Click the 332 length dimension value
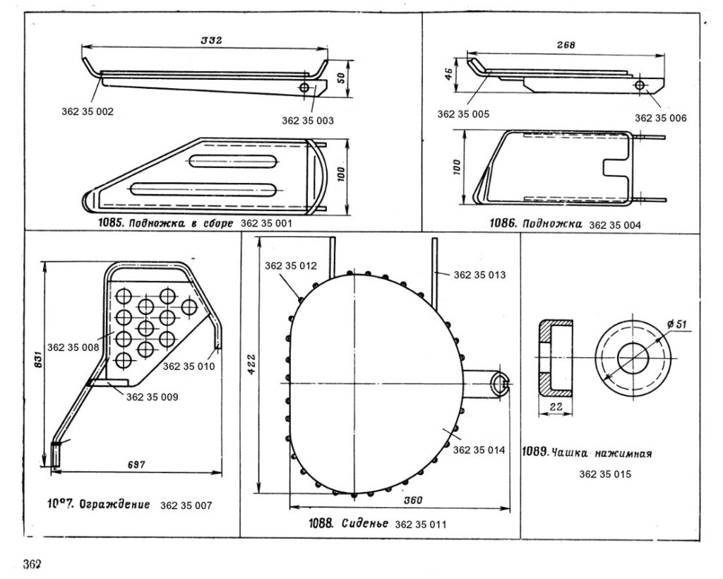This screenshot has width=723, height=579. (211, 40)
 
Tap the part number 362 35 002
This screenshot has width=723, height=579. (88, 112)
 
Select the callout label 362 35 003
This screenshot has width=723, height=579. (308, 121)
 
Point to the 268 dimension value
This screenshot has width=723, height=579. (566, 44)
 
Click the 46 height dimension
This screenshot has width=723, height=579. (448, 75)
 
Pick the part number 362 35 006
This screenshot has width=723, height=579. (660, 118)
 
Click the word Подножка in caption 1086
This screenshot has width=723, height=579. (552, 224)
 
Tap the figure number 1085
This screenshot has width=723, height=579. (112, 223)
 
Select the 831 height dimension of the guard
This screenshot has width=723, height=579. (38, 359)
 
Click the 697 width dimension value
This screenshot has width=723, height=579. (136, 465)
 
